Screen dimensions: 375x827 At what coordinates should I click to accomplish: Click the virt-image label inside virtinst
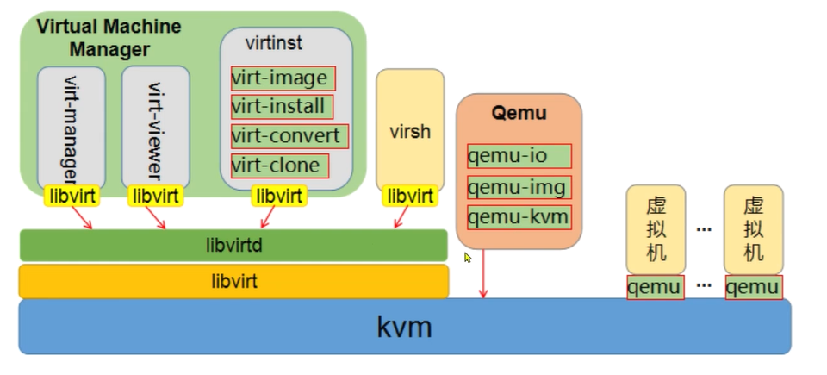coord(282,78)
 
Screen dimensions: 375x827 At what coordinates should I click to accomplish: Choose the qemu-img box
coord(519,186)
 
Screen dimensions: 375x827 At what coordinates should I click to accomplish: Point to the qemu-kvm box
coord(519,216)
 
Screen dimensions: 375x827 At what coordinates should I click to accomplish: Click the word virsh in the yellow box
coord(409,134)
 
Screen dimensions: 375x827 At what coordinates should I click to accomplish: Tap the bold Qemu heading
coord(519,112)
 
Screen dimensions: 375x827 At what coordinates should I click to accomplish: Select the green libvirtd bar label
coord(233,245)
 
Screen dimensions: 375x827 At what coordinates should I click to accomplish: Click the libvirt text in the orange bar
coord(233,281)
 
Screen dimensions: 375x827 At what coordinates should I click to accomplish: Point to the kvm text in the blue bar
coord(404,327)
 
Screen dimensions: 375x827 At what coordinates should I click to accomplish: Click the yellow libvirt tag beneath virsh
coord(409,197)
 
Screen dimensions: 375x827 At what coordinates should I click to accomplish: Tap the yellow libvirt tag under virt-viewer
coord(155,197)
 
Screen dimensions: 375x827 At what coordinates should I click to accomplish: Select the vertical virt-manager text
coord(71,129)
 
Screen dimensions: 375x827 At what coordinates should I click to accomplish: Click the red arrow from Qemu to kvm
coord(483,274)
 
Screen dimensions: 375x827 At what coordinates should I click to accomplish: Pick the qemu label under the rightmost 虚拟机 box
coord(753,287)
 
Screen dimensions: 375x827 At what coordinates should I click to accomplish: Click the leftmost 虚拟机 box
coord(655,229)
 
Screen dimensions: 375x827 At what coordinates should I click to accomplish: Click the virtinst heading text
coord(274,42)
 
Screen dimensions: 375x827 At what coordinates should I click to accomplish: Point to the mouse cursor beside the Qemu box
coord(468,257)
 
